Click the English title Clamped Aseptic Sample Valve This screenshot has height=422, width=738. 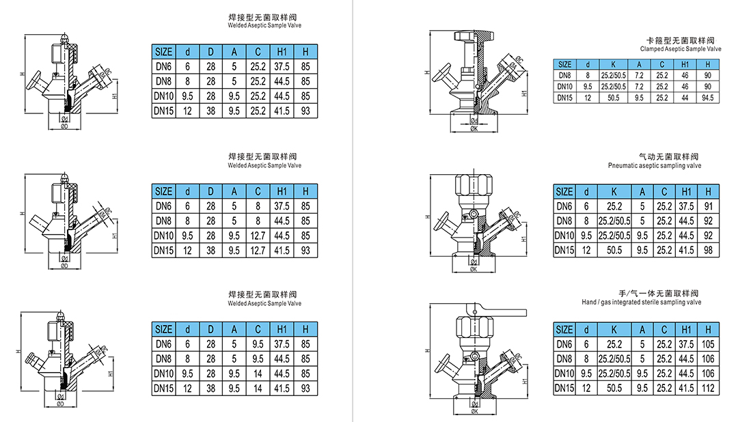[x=680, y=50]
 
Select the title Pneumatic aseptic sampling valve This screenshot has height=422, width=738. [x=654, y=166]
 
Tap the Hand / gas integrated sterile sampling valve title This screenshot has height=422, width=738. [x=642, y=302]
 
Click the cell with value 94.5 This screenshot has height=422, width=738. [x=707, y=98]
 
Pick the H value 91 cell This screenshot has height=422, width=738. [x=708, y=206]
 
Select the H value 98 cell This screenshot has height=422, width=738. [x=708, y=250]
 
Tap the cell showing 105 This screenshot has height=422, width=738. [x=708, y=344]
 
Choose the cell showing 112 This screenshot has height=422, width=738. [x=708, y=388]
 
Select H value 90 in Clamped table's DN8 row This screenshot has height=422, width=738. [x=707, y=75]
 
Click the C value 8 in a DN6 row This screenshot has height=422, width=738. [x=258, y=206]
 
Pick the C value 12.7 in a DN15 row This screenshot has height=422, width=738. [x=258, y=251]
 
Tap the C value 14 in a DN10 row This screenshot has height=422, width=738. [x=258, y=374]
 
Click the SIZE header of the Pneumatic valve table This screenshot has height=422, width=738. [x=564, y=192]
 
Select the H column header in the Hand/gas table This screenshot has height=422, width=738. [x=708, y=330]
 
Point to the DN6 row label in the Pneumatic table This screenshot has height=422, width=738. [x=564, y=206]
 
